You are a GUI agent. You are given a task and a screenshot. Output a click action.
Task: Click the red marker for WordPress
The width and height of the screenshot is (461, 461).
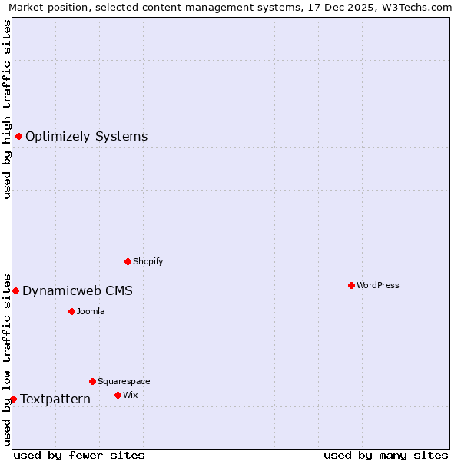(351, 285)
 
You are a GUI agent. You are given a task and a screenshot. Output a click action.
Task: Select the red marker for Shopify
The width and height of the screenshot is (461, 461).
(128, 261)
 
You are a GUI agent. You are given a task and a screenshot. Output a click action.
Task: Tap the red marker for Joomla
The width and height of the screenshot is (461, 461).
(71, 311)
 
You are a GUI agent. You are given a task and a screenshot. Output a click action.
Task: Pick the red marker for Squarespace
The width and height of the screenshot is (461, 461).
(92, 381)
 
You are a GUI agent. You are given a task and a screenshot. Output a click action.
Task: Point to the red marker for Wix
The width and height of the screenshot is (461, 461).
(118, 395)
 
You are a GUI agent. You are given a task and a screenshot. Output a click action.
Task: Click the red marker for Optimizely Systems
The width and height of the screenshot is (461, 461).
(18, 136)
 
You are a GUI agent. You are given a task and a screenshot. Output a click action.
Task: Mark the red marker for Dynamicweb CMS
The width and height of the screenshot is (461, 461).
(15, 290)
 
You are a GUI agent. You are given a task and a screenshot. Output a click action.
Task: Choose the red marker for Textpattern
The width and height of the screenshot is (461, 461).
(13, 399)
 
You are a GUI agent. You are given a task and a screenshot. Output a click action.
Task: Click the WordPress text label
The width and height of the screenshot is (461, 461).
(378, 285)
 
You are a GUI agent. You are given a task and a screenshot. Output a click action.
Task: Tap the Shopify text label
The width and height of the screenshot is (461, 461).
(148, 261)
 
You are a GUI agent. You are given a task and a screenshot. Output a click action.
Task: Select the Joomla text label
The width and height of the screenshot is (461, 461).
(91, 311)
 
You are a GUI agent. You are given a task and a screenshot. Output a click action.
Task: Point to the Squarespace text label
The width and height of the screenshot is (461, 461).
(124, 381)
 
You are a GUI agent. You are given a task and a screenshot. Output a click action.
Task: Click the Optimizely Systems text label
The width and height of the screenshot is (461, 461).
(87, 137)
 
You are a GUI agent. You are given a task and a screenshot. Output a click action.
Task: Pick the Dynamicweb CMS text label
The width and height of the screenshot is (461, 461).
(78, 290)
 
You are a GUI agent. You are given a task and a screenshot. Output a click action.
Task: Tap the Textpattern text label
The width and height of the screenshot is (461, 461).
(55, 400)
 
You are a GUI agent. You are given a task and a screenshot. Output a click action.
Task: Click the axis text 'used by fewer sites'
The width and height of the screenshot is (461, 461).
(79, 455)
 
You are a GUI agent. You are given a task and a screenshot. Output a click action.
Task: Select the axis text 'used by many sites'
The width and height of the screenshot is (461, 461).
(386, 455)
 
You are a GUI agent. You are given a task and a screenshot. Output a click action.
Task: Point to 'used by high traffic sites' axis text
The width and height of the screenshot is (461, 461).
(7, 109)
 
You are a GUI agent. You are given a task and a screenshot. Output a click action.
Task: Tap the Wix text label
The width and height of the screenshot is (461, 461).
(130, 395)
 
